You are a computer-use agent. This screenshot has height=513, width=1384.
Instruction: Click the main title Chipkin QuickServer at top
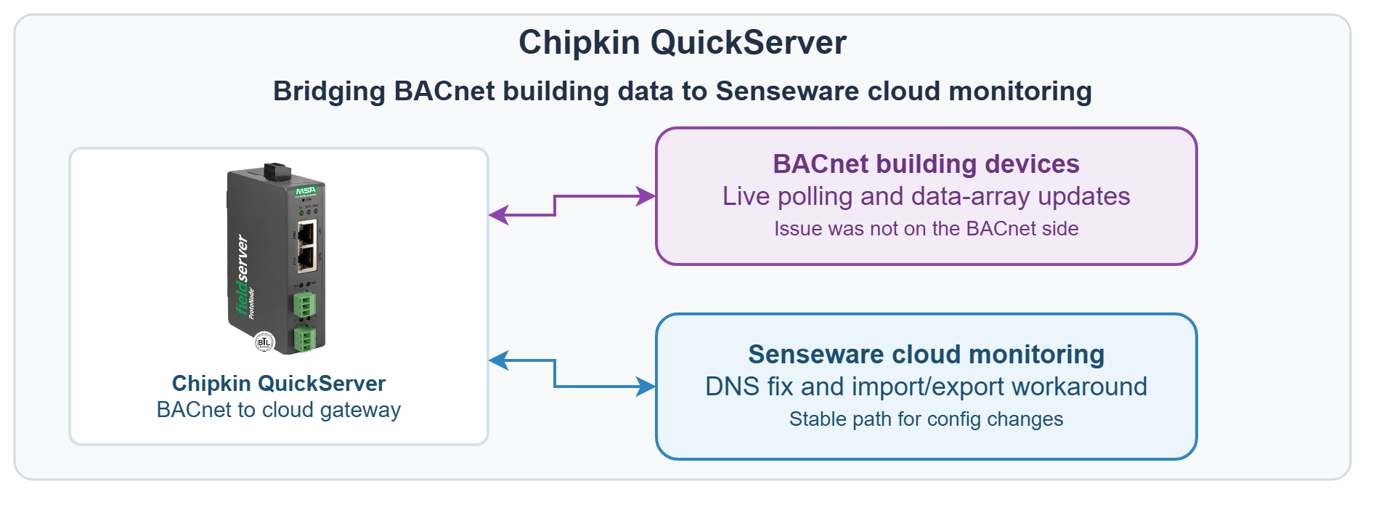(x=682, y=42)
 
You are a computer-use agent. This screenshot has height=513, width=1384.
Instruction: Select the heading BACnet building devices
(x=926, y=164)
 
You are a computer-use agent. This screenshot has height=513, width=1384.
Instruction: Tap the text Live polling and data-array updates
(x=926, y=196)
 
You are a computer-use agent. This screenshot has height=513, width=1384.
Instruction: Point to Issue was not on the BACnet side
(x=926, y=228)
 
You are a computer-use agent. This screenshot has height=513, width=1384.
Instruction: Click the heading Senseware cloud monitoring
(x=926, y=355)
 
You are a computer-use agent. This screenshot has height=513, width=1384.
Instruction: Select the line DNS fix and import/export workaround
(x=926, y=387)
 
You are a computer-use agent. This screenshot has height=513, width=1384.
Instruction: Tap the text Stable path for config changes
(x=926, y=419)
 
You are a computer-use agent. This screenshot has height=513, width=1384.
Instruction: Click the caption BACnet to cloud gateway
(x=279, y=410)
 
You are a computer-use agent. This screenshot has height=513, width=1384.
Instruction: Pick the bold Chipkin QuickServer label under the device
(x=279, y=384)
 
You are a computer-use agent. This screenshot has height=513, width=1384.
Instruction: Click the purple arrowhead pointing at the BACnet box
(x=646, y=196)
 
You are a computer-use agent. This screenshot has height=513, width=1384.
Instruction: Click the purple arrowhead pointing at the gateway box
(x=498, y=215)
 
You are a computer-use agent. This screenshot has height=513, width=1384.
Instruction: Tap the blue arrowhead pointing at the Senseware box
(x=646, y=387)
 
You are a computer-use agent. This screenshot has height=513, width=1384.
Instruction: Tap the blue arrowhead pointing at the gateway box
(x=498, y=360)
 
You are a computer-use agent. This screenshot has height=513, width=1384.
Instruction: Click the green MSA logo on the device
(x=306, y=191)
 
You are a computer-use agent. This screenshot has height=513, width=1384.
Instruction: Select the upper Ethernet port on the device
(x=306, y=233)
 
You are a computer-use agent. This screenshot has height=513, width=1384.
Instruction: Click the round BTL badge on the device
(x=264, y=342)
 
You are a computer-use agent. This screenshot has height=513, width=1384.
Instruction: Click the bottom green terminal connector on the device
(x=304, y=339)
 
